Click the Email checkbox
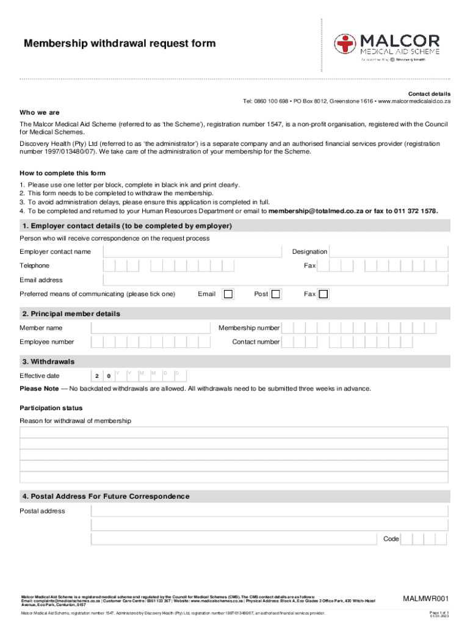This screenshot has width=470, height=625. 228,294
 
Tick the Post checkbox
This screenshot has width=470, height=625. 276,294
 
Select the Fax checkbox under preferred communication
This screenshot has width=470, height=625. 323,294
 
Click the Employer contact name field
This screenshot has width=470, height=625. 193,251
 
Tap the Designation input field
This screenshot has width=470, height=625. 390,251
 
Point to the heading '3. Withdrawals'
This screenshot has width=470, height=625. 48,361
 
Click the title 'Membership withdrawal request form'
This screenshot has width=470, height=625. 120,43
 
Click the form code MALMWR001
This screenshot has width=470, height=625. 425,598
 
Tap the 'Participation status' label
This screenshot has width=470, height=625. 51,408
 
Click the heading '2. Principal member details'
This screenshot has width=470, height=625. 71,314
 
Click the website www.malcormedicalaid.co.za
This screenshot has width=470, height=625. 414,101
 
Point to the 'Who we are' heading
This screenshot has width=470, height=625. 40,112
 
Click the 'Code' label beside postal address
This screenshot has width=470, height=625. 391,539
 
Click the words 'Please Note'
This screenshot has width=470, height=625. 40,389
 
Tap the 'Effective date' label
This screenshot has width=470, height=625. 40,376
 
